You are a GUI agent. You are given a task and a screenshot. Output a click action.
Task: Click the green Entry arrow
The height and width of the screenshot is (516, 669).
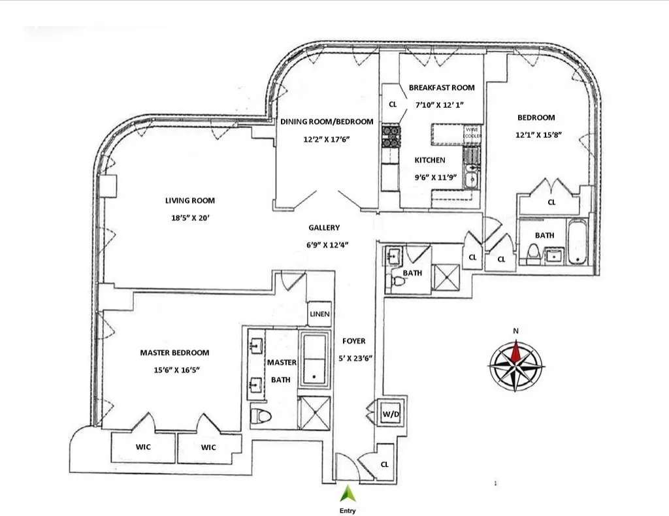(346, 492)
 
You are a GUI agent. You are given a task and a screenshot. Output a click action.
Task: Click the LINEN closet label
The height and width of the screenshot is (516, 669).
(319, 314)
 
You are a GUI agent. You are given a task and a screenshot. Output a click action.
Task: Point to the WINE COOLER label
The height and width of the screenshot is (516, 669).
(473, 133)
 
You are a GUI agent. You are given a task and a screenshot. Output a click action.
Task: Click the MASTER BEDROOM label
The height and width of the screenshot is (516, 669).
(174, 353)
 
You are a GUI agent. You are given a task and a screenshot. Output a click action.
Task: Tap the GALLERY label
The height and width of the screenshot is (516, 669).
(324, 228)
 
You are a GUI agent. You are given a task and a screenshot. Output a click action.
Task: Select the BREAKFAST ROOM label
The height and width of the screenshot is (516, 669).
(442, 88)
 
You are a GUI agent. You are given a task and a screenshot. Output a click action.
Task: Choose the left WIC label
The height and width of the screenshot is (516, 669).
(142, 447)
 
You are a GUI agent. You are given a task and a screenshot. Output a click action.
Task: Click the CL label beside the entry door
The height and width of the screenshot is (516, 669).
(384, 464)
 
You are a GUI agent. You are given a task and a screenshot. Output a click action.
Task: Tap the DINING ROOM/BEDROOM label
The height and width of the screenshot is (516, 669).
(327, 121)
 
